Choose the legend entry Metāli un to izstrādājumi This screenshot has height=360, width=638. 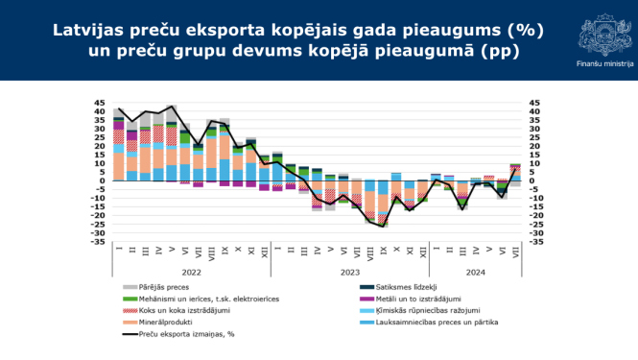(x=406, y=299)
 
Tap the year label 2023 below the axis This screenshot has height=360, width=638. (x=350, y=272)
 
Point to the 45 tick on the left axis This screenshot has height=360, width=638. (x=100, y=102)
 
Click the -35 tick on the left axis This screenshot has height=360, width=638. (x=98, y=242)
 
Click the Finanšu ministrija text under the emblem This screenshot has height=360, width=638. (x=604, y=62)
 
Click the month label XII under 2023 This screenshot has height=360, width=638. (x=423, y=252)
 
